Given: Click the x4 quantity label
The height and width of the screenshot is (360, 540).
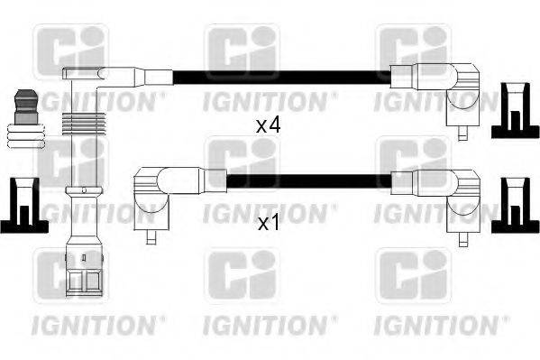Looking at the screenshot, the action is tap(269, 126).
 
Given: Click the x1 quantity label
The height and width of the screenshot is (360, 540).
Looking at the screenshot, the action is tap(269, 223).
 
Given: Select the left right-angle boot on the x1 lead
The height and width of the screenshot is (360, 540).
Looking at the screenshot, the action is tap(159, 193).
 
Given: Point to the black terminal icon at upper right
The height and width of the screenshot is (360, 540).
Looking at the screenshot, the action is tap(514, 109).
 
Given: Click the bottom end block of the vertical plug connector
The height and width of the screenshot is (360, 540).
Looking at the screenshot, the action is tap(82, 271).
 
